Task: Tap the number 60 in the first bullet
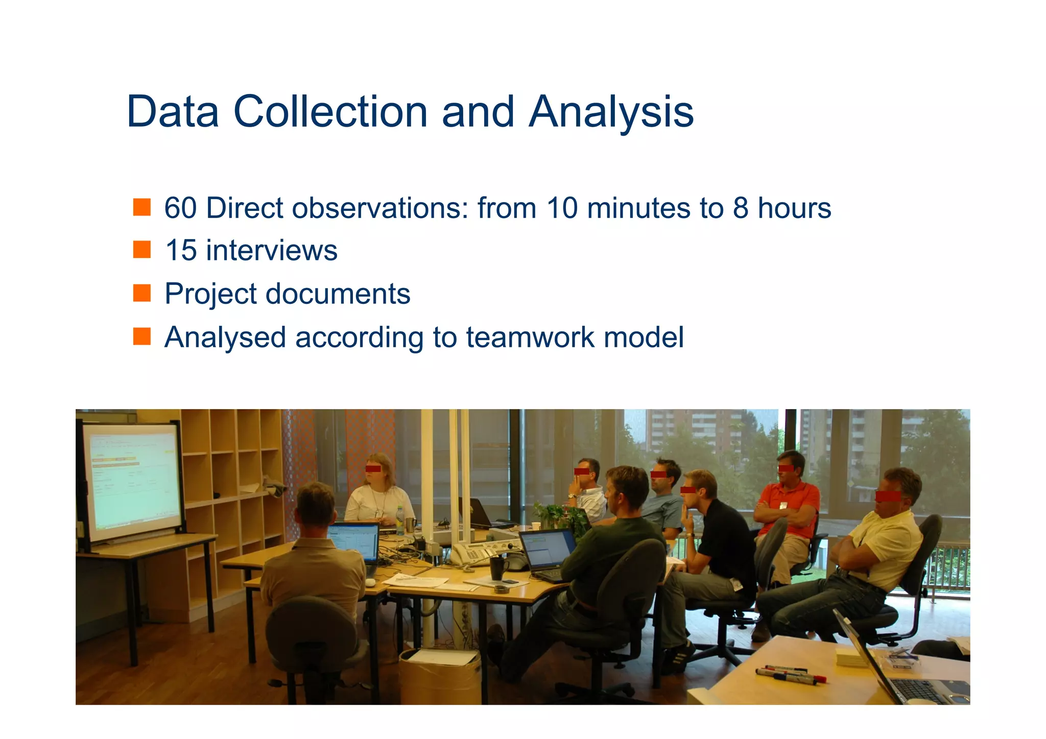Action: [180, 208]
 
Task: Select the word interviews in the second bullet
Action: [272, 251]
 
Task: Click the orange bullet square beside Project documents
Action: [142, 294]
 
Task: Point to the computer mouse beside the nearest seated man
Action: [370, 582]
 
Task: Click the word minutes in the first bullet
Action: [641, 208]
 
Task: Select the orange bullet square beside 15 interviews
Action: [142, 250]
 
